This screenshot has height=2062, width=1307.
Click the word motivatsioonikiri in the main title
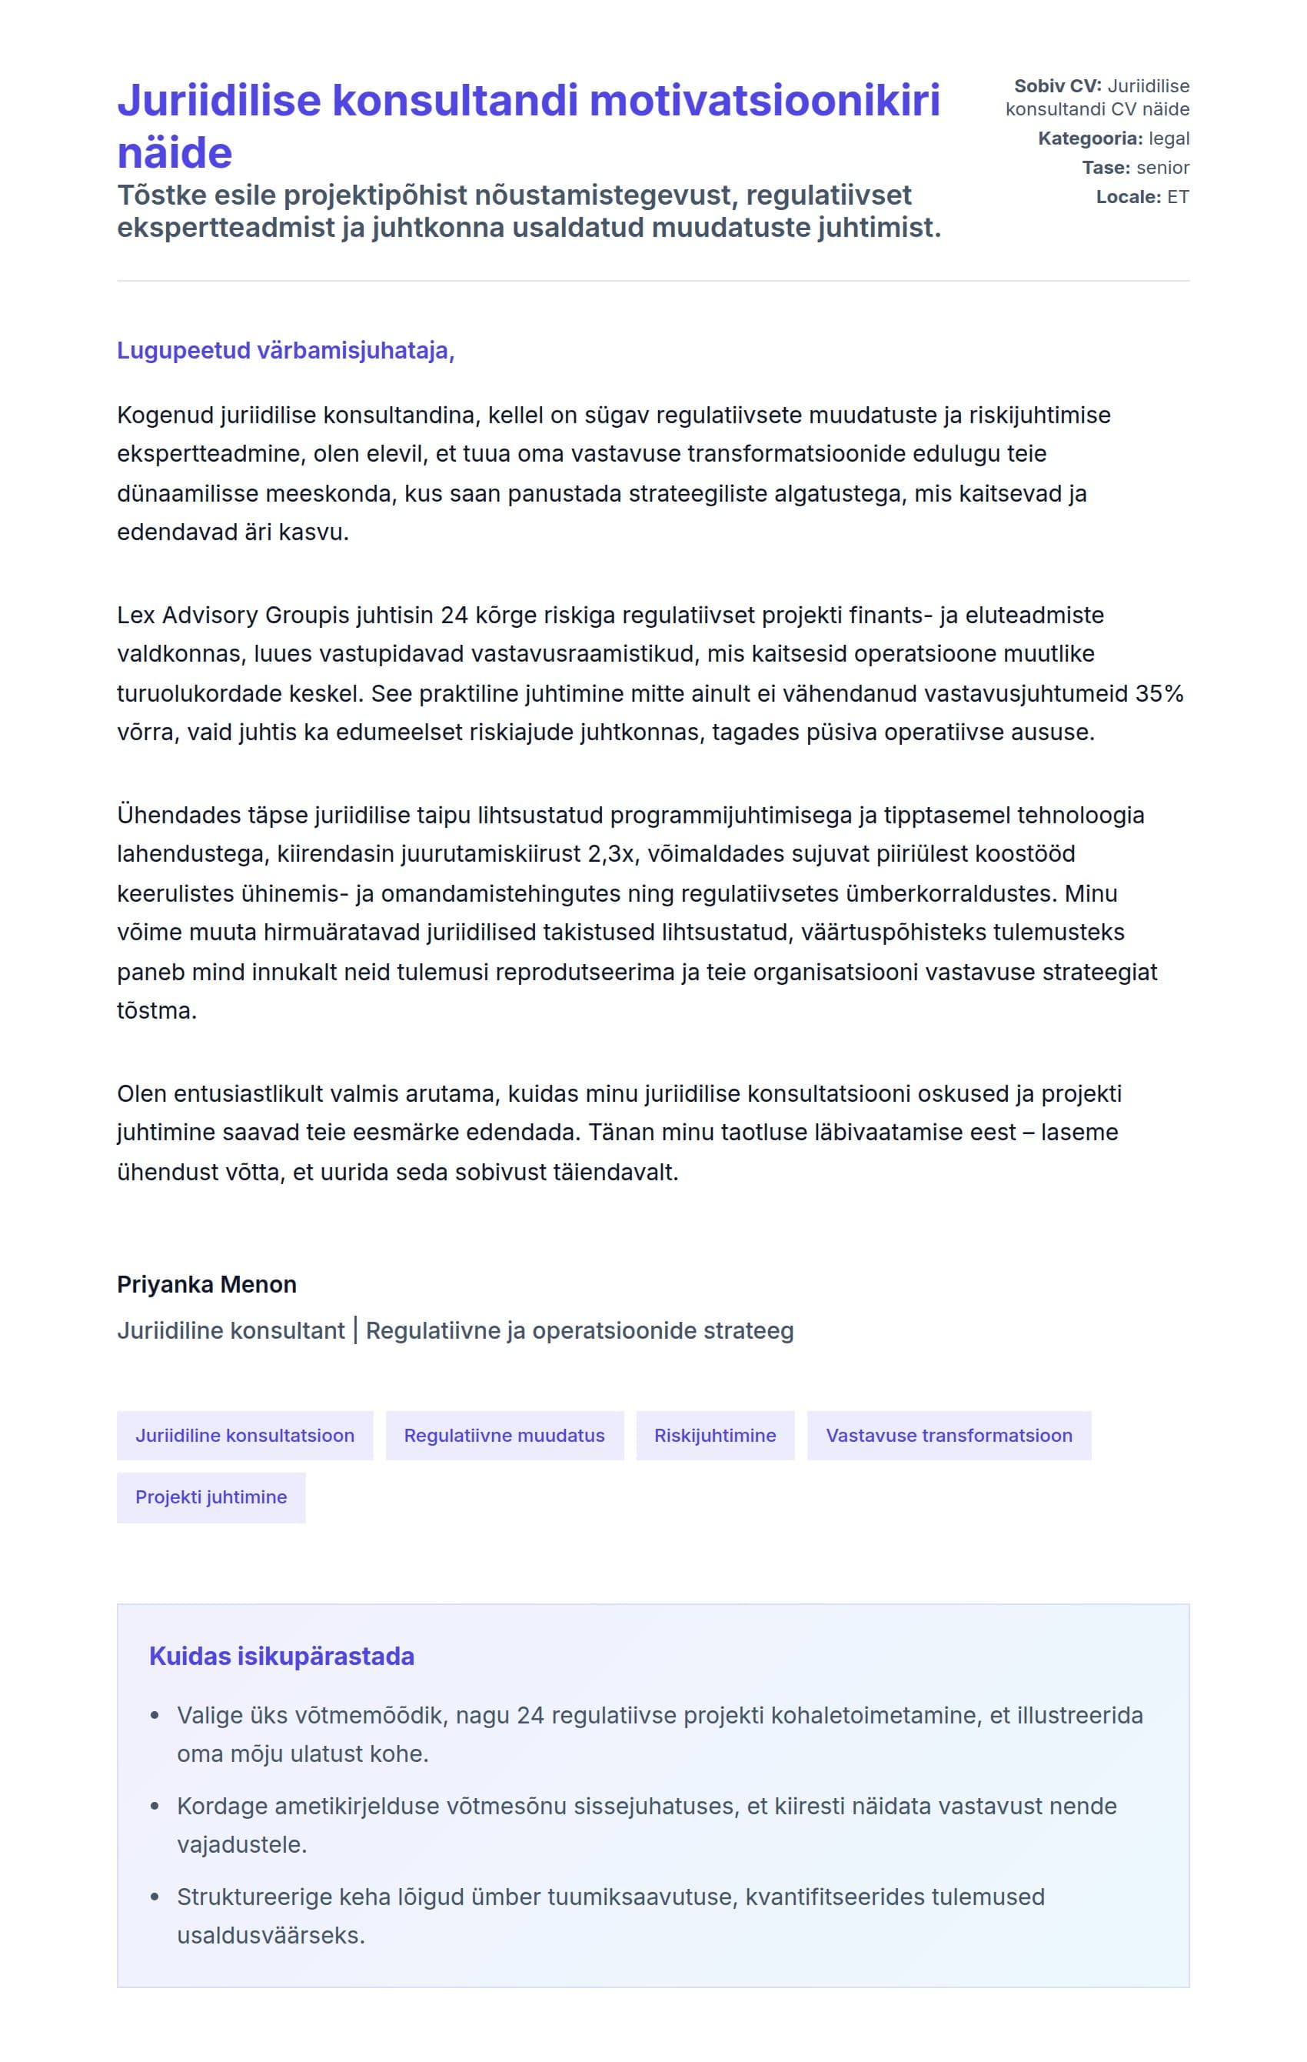(763, 101)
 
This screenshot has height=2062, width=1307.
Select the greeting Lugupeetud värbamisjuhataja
(285, 351)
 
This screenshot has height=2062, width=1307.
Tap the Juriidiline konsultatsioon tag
(244, 1435)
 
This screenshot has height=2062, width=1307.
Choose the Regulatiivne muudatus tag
(504, 1435)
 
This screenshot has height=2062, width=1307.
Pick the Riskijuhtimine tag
(715, 1435)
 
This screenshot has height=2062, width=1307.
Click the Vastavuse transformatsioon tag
(949, 1435)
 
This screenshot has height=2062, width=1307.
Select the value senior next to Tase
(1162, 168)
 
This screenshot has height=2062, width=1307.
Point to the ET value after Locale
(1178, 197)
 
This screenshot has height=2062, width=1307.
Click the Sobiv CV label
(1057, 86)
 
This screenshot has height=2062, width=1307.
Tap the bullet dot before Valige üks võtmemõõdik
(155, 1716)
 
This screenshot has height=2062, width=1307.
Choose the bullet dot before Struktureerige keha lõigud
(155, 1897)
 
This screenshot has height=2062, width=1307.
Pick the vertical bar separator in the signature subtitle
(355, 1331)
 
